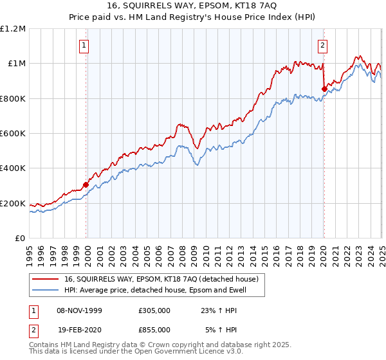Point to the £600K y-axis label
13,134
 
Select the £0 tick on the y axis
20,239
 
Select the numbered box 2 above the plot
322,46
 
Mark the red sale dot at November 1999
86,185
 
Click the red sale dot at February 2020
324,89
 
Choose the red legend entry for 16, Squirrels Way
161,279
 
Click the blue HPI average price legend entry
155,290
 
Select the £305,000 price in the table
154,310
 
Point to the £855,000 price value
154,329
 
